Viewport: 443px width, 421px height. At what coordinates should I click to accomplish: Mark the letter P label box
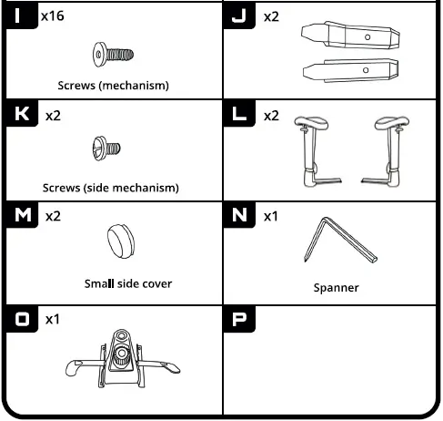[x=240, y=318]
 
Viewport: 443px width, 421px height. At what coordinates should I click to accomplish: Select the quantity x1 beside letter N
[x=271, y=216]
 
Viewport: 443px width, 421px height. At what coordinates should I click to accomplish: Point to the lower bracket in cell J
[x=349, y=69]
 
